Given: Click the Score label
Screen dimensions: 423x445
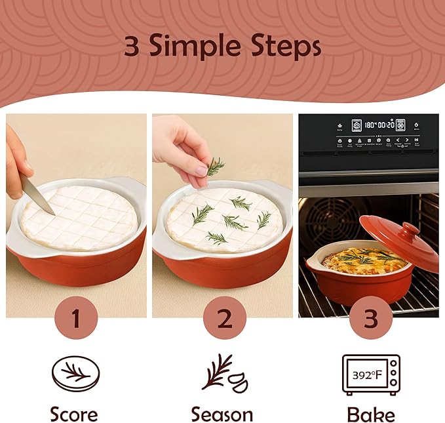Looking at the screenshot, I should pyautogui.click(x=74, y=414).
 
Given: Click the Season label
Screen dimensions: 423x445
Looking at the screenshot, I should pyautogui.click(x=222, y=414).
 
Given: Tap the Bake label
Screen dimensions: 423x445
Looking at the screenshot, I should pyautogui.click(x=371, y=414).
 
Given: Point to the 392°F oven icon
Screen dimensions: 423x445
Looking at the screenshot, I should pyautogui.click(x=371, y=375).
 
